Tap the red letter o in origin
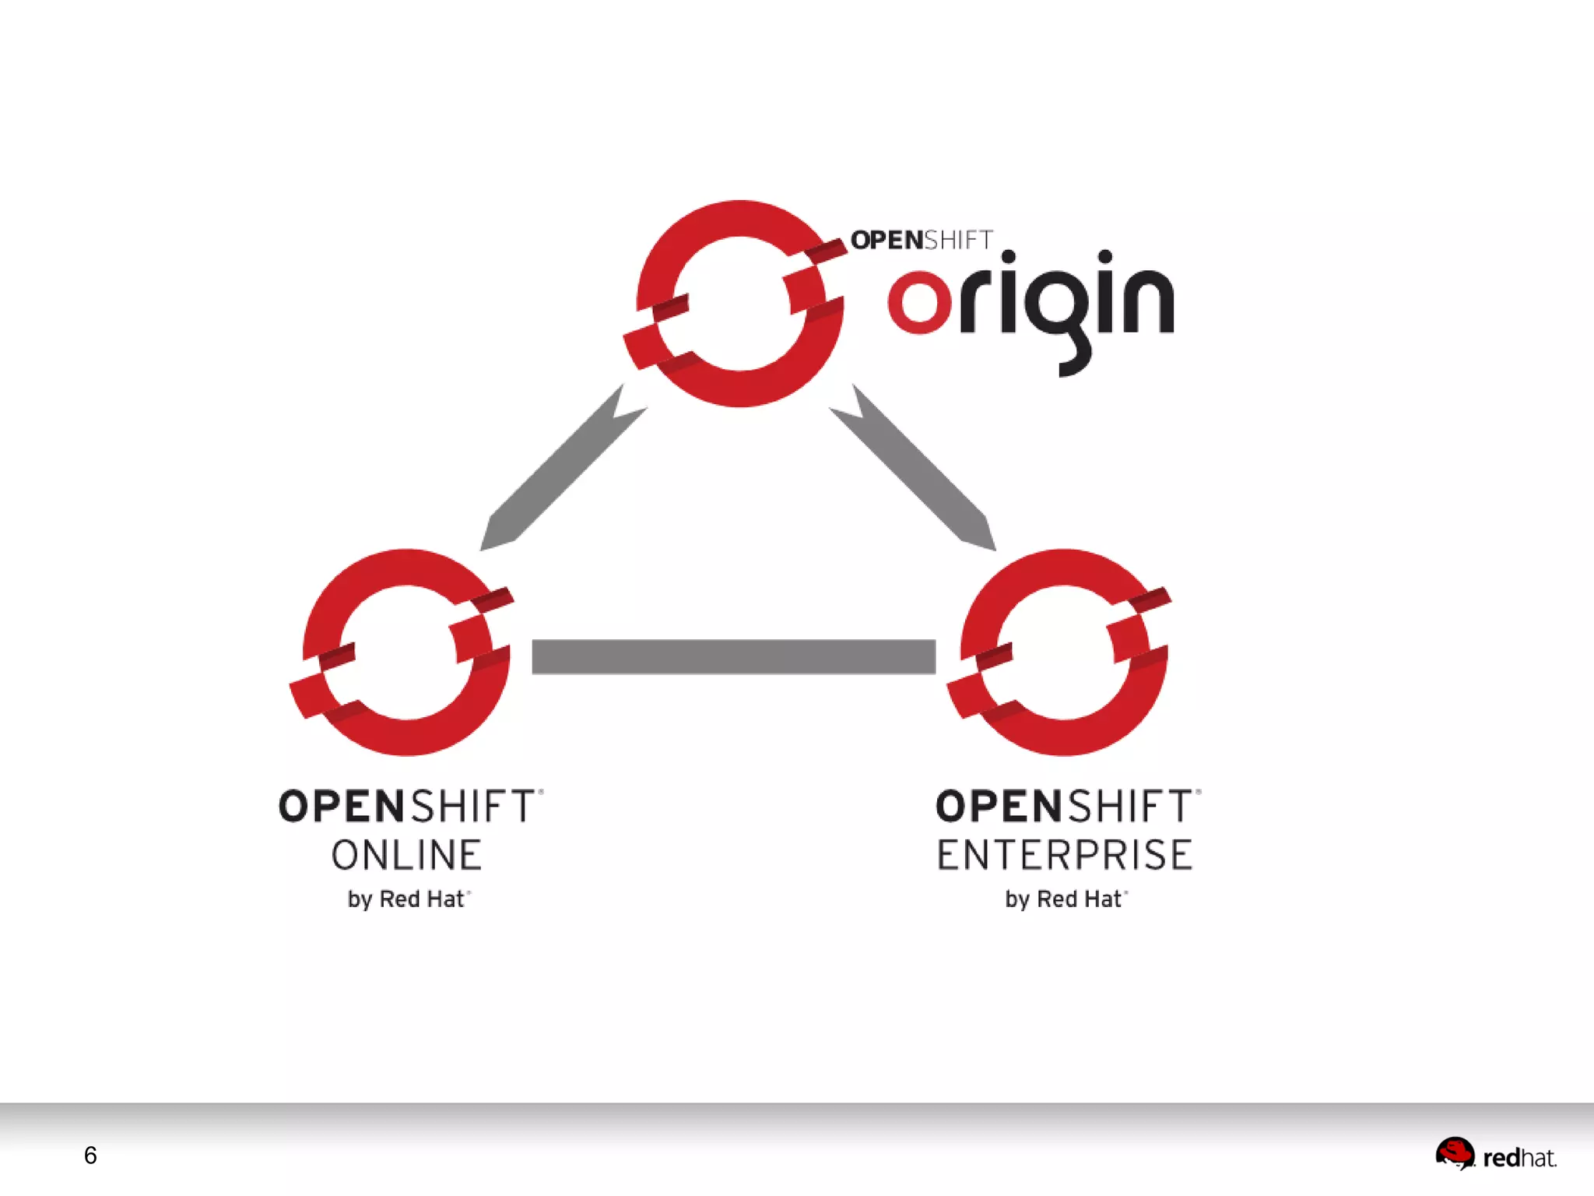[x=919, y=302]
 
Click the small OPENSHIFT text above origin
[x=922, y=240]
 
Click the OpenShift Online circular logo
[x=405, y=653]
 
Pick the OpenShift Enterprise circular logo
[x=1062, y=653]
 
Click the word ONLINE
[x=406, y=855]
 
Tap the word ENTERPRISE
[x=1064, y=855]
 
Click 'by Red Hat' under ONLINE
[x=406, y=899]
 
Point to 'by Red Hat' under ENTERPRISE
[x=1063, y=899]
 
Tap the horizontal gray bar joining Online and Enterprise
[x=733, y=656]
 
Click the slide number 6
[x=90, y=1156]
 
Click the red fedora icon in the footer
[x=1454, y=1153]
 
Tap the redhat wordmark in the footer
[x=1519, y=1159]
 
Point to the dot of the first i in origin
[x=1008, y=257]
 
